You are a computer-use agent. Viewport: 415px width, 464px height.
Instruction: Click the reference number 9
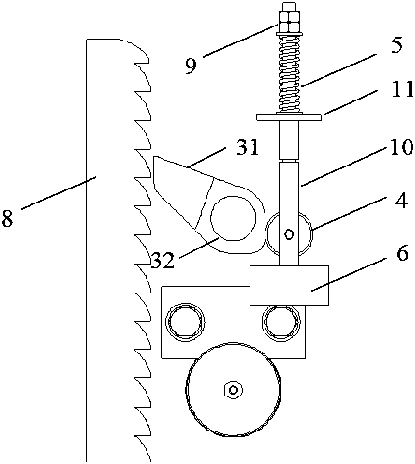[190, 65]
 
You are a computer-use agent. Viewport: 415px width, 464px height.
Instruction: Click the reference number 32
[162, 260]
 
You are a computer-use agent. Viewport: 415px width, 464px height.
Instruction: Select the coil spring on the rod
[289, 74]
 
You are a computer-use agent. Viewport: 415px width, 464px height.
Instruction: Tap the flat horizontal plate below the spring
[289, 117]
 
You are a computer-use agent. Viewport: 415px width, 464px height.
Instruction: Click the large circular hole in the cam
[233, 218]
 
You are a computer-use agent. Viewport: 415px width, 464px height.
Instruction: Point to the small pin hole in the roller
[289, 233]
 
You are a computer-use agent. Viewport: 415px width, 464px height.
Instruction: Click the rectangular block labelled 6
[288, 285]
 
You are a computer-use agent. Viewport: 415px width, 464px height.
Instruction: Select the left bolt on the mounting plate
[186, 321]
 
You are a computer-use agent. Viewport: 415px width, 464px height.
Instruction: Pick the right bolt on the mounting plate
[281, 321]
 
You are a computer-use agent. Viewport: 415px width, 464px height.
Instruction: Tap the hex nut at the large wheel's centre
[233, 389]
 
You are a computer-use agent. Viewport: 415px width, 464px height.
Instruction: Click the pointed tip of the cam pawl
[155, 159]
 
